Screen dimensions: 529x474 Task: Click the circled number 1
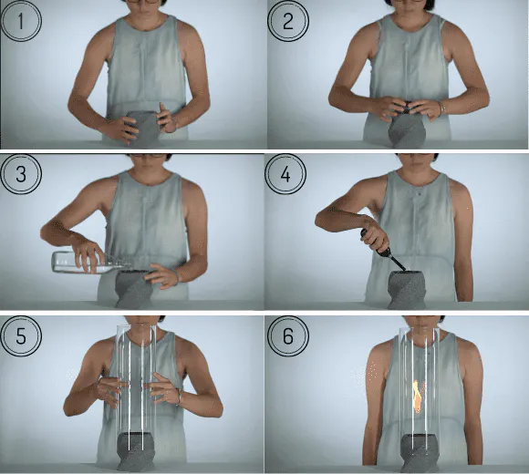click(x=21, y=21)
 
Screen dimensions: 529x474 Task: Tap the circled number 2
click(x=288, y=21)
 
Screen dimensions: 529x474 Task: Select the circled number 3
click(x=21, y=174)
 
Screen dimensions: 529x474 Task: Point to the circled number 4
click(x=285, y=174)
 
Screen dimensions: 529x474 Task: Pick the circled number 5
click(x=21, y=335)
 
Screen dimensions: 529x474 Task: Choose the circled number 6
click(x=288, y=335)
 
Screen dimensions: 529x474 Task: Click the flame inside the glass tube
click(x=418, y=397)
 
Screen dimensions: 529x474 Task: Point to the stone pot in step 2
click(x=408, y=130)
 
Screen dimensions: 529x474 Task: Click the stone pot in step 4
click(x=408, y=289)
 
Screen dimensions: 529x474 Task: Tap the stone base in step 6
click(x=420, y=453)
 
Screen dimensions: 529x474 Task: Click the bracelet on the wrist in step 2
click(x=441, y=108)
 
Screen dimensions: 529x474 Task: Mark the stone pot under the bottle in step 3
click(x=133, y=289)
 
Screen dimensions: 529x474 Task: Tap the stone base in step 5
click(x=136, y=452)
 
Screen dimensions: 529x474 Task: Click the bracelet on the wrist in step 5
click(x=180, y=397)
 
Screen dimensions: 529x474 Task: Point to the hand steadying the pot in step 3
click(x=161, y=275)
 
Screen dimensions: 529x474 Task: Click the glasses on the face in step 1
click(x=142, y=1)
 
